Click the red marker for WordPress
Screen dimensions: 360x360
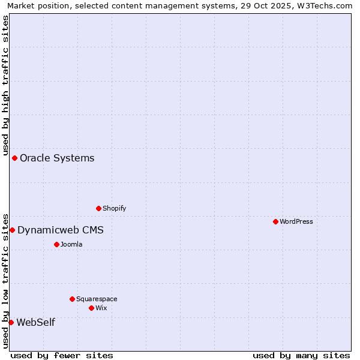(275, 221)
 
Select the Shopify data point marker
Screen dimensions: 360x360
(98, 208)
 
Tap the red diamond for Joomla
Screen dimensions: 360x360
(56, 244)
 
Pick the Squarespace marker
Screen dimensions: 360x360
(72, 299)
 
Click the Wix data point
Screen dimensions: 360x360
(91, 308)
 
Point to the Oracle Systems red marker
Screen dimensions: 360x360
(14, 158)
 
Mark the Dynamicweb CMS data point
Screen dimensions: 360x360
(12, 230)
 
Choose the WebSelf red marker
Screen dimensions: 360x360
(11, 322)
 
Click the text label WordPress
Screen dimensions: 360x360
(296, 221)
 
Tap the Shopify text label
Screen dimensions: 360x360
(115, 208)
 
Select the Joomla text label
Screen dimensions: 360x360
(71, 244)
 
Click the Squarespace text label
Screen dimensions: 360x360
(97, 299)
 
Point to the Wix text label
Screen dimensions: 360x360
(101, 308)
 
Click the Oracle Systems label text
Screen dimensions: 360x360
(57, 158)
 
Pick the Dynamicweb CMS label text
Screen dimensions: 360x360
(61, 230)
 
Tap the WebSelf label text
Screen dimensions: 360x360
(36, 322)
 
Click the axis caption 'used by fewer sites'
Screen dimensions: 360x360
(62, 355)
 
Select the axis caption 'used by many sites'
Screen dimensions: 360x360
(301, 355)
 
